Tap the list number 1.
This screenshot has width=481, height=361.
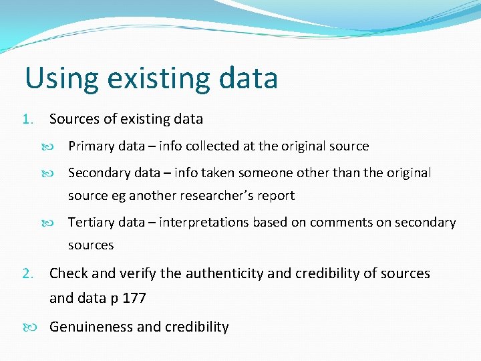pyautogui.click(x=27, y=120)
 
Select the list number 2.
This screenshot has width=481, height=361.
pyautogui.click(x=27, y=273)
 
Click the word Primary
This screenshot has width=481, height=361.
pyautogui.click(x=89, y=146)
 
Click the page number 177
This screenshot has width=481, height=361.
pyautogui.click(x=134, y=298)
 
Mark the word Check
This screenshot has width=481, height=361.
pyautogui.click(x=69, y=273)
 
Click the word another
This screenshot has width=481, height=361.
pyautogui.click(x=152, y=196)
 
